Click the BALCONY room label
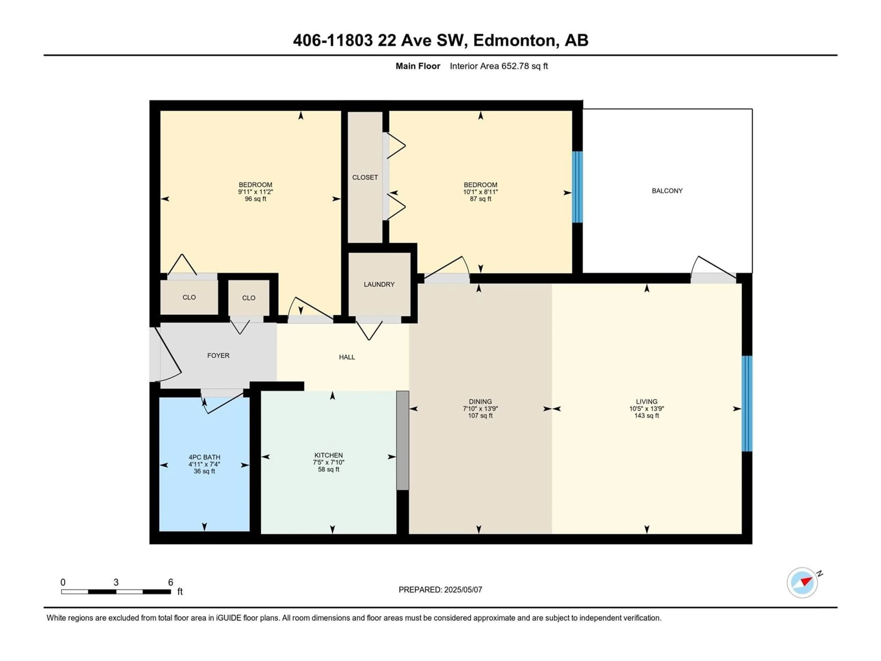(667, 191)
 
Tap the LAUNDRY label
(379, 284)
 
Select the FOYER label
(218, 355)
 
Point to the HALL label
(347, 357)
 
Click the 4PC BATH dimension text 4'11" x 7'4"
(204, 464)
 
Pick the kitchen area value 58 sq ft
(329, 469)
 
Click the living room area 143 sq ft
(647, 416)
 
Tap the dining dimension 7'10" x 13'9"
(480, 408)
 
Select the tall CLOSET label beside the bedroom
(365, 177)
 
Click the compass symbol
(802, 583)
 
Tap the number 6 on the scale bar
(170, 582)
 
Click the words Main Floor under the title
(418, 66)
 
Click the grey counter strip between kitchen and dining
(403, 440)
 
